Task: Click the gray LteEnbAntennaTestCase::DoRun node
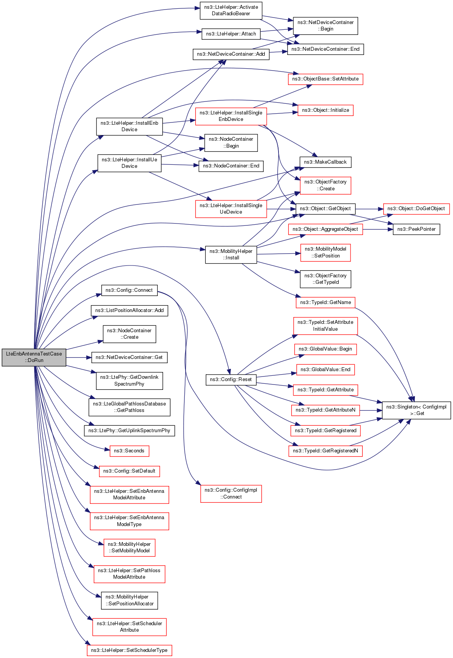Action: tap(34, 357)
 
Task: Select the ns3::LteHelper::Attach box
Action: tap(231, 34)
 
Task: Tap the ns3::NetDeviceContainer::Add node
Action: tap(231, 54)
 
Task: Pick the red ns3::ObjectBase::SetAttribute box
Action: tap(325, 79)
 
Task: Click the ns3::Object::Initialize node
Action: tap(325, 110)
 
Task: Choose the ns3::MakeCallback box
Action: tap(325, 162)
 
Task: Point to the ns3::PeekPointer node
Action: tap(416, 229)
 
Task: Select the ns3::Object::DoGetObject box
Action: tap(416, 209)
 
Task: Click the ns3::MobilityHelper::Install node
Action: tap(231, 254)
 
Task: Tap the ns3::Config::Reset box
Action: tap(231, 380)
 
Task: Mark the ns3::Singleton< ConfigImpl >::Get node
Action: tap(416, 410)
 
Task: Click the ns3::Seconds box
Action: tap(129, 451)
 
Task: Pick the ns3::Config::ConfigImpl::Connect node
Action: tap(231, 494)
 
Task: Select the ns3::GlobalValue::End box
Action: tap(325, 370)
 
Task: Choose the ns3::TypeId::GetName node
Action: tap(325, 302)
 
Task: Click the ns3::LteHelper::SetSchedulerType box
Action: tap(129, 650)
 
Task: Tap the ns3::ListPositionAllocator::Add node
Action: tap(129, 310)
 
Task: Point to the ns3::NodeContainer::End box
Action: tap(231, 166)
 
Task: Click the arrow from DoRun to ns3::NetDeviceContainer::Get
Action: tap(78, 357)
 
